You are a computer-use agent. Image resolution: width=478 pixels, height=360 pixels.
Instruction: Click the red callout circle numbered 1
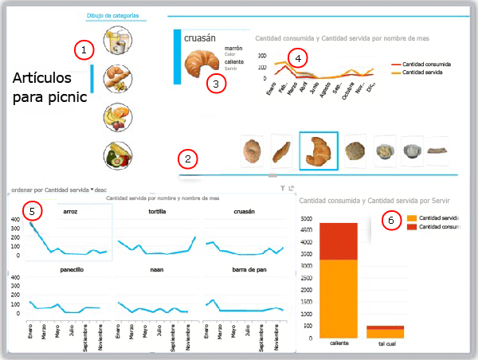pos(84,49)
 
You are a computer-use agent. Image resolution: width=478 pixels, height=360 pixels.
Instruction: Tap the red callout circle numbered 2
pos(188,159)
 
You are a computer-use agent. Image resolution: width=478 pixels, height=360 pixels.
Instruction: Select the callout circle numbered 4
pos(298,58)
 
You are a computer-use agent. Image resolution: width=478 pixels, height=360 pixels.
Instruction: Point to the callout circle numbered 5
pos(33,211)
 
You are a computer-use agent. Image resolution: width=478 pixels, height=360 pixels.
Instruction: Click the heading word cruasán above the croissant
pos(201,37)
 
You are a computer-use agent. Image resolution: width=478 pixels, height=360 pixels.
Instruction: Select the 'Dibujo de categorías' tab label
pos(116,15)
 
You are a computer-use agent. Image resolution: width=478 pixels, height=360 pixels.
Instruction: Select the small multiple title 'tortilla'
pos(157,212)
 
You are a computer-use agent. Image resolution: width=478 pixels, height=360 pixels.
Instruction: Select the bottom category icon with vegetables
pos(118,155)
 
